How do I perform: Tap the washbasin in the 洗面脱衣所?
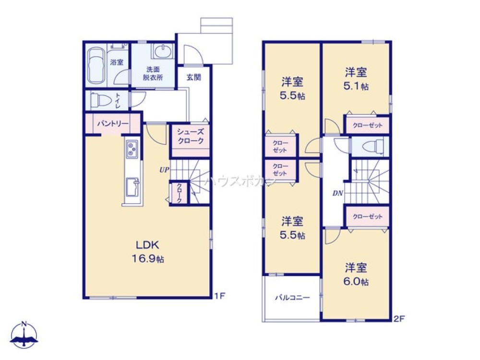click(x=163, y=51)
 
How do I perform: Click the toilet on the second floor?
click(x=372, y=146)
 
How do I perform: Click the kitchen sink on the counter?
click(x=132, y=187)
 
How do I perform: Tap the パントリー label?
click(x=113, y=124)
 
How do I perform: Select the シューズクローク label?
click(x=191, y=136)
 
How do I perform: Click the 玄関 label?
click(x=194, y=77)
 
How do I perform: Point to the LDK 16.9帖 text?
click(x=148, y=252)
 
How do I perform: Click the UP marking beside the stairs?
click(x=164, y=169)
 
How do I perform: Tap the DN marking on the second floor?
click(x=338, y=193)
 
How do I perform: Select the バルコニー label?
click(x=292, y=297)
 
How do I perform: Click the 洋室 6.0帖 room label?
click(x=356, y=275)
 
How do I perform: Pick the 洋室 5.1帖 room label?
click(x=356, y=79)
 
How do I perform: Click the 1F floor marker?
click(x=219, y=296)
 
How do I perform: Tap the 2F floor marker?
click(x=399, y=319)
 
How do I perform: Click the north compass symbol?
click(x=24, y=335)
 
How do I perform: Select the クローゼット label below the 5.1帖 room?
click(x=367, y=125)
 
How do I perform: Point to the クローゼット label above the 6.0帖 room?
click(x=367, y=217)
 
